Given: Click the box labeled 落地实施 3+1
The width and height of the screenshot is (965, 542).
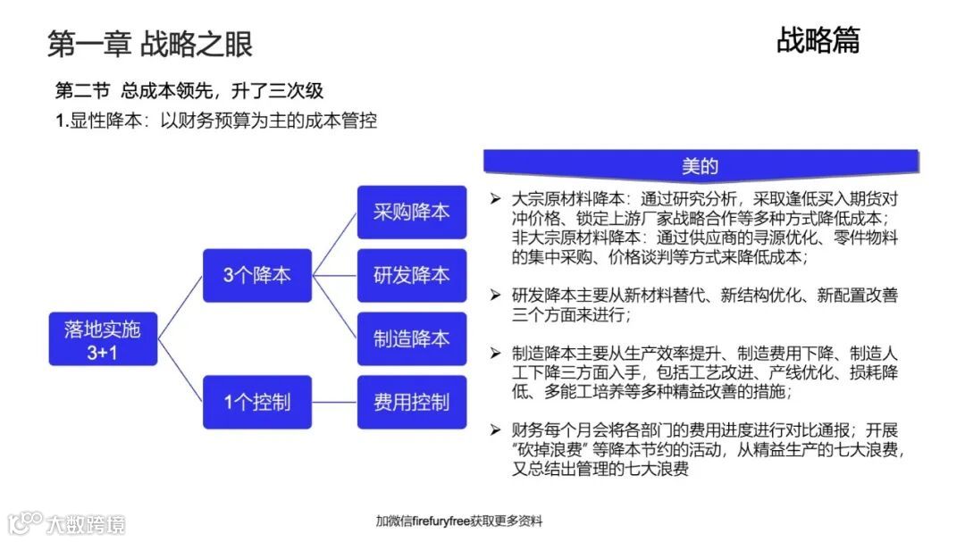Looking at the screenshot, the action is (103, 339).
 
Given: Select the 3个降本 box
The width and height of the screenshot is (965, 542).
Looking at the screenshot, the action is (256, 275).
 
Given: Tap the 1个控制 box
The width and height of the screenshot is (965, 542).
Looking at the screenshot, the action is (256, 402).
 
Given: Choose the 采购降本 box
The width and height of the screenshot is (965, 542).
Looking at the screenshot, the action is (411, 213).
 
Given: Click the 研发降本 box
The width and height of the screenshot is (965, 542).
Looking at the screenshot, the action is (411, 275).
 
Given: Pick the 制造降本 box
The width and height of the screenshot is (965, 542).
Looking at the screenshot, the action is (411, 338).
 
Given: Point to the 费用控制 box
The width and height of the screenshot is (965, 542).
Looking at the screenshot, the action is (411, 402).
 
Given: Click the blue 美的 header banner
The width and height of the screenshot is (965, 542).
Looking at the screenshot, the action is (701, 165).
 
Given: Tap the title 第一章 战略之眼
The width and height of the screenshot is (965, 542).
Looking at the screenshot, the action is (150, 44).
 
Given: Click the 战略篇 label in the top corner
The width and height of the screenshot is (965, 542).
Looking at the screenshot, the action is (818, 40).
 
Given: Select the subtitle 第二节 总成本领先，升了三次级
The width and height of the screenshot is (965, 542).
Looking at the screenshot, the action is (189, 91).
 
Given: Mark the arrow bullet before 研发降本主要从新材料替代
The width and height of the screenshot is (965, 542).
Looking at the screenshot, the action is (495, 295).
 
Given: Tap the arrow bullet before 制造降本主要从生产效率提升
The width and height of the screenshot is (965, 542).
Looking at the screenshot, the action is (495, 354).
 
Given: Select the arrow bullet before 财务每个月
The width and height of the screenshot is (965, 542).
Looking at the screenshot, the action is (495, 430).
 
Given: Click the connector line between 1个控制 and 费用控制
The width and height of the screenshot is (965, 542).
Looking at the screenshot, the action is (334, 402).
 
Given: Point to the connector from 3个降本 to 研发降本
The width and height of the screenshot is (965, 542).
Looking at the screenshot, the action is (334, 275).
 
